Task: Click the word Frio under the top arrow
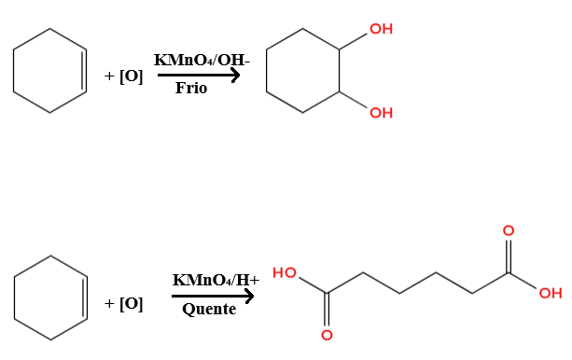point(191,88)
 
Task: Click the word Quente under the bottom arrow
point(209,310)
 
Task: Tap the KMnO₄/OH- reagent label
point(202,60)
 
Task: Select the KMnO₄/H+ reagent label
point(216,280)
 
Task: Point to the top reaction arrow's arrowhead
point(236,76)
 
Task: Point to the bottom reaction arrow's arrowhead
point(249,296)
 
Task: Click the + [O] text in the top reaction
point(124,76)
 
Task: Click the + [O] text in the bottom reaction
point(124,303)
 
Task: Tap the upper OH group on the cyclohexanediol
point(382,29)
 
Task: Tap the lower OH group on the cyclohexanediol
point(382,113)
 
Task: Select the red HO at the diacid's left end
point(285,272)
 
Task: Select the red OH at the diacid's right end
point(551,293)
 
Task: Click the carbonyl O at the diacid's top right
point(509,230)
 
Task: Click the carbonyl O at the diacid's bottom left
point(327,335)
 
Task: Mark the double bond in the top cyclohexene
point(85,70)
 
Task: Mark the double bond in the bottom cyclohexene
point(85,298)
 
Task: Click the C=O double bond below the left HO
point(327,310)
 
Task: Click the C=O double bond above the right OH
point(509,256)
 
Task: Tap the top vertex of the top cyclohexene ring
point(50,29)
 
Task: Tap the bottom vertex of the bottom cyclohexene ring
point(50,339)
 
